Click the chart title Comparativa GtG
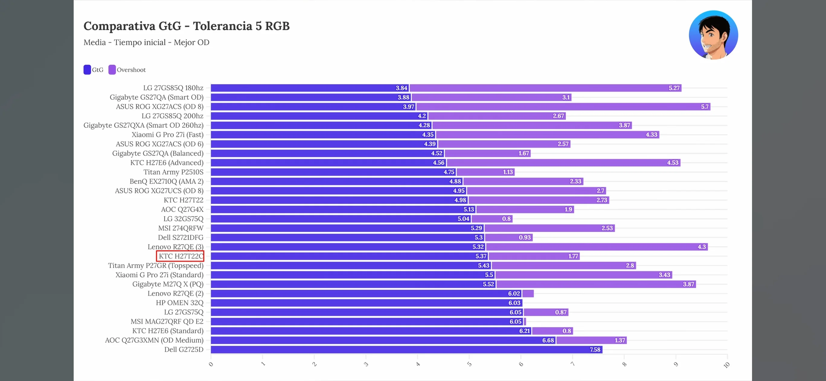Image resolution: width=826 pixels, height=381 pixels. pos(186,26)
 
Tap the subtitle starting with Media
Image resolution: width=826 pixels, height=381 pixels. pos(146,42)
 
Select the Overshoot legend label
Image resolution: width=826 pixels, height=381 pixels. pos(131,70)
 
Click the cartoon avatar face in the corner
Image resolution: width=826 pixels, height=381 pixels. pos(713,35)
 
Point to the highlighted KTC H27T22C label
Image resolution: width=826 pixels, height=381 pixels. pos(181,256)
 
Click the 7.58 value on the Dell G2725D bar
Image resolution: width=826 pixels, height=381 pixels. pos(595,350)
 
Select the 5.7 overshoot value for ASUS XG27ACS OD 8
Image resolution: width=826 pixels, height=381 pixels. pos(704,107)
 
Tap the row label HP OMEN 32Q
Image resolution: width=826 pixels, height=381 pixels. pos(179,303)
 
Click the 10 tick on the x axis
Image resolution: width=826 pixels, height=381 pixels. pos(727,365)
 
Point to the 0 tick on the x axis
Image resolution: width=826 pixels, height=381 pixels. pos(211,364)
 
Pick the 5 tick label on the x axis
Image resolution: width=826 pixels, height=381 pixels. pos(469,364)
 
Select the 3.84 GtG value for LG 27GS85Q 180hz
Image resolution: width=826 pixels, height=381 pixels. pos(401,88)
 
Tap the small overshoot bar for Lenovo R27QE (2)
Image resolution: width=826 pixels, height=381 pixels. pos(528,294)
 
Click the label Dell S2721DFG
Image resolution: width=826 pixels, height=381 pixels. pos(181,238)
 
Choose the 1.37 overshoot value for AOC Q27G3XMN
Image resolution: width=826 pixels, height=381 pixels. pos(620,340)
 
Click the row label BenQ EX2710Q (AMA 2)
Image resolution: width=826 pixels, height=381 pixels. pos(166,181)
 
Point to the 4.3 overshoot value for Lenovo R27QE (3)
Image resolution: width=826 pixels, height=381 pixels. pos(702,247)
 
